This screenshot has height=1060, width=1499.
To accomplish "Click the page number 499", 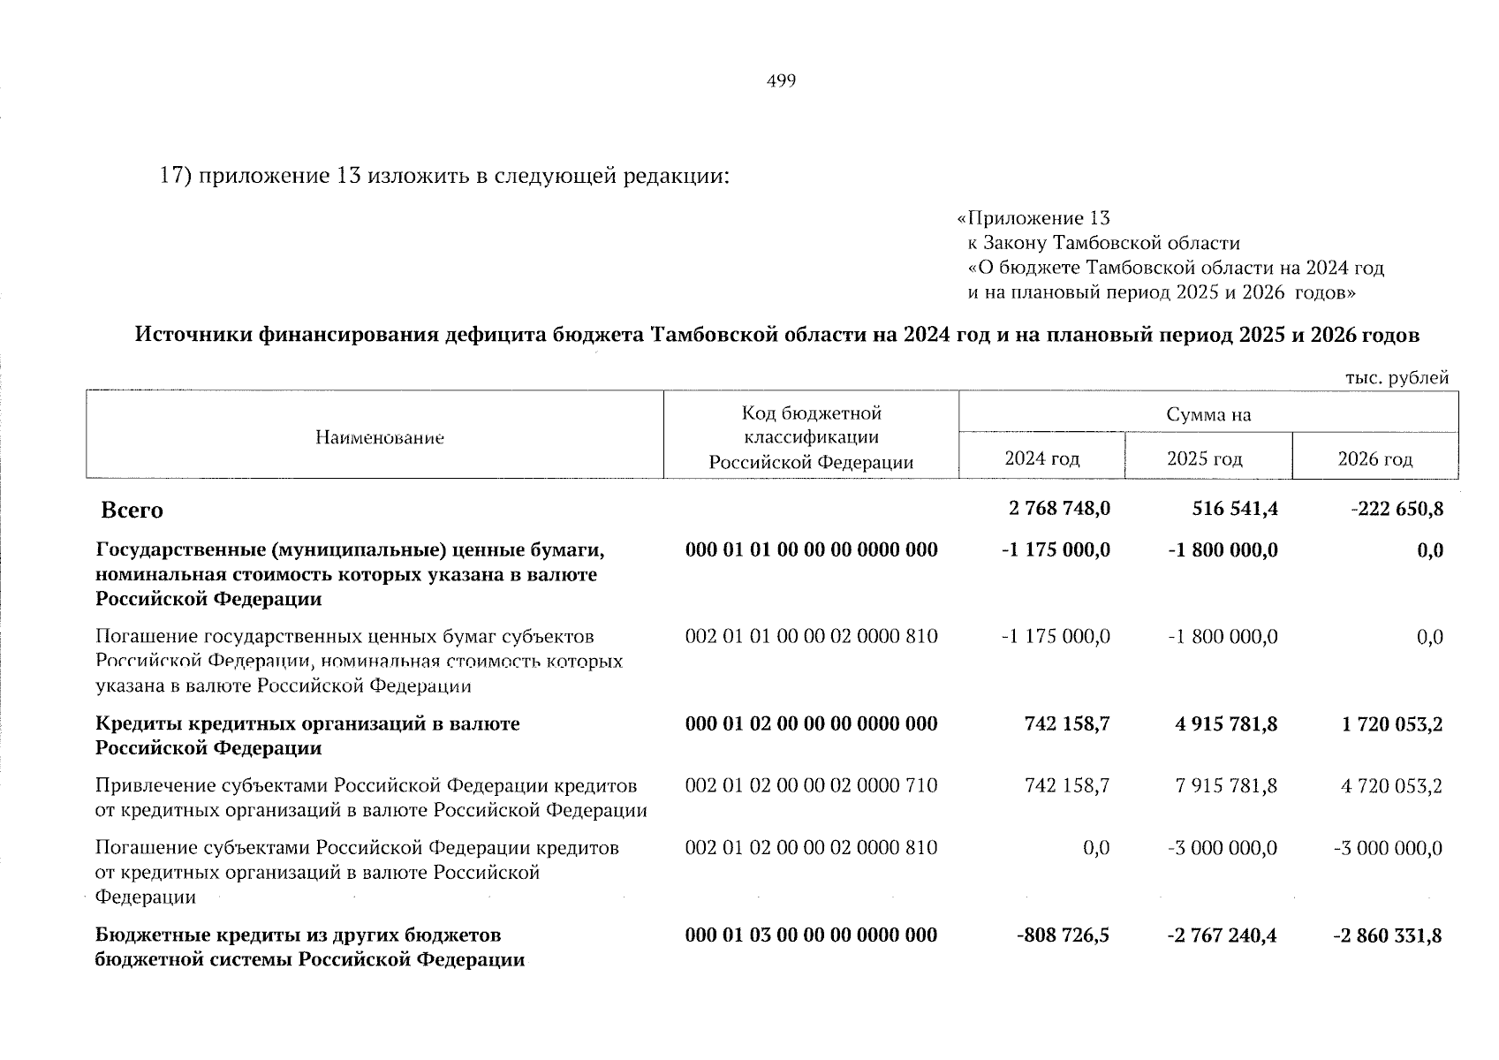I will (782, 82).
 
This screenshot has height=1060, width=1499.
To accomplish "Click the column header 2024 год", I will (1041, 459).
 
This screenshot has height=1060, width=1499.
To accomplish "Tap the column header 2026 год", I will (1374, 459).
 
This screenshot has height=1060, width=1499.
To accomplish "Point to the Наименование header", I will (379, 438).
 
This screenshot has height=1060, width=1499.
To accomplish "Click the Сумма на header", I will (1208, 415).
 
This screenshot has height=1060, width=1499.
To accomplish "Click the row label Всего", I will (132, 511).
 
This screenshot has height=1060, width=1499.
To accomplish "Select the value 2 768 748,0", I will (1058, 509).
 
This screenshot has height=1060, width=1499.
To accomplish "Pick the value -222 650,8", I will (1397, 509).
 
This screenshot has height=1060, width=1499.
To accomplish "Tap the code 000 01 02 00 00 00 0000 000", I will (811, 724).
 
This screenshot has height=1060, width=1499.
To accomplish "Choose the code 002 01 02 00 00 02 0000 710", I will (811, 786).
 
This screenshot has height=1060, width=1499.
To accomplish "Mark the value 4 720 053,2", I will (1391, 786).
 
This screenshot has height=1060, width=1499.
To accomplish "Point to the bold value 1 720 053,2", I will (1391, 724).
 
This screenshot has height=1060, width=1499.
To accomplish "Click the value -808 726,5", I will (1063, 935).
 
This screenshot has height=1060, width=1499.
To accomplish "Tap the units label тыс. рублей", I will (1397, 378).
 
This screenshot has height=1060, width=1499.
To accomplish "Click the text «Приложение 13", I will (1033, 218).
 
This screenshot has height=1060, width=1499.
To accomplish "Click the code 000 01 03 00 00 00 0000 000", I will (811, 935).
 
